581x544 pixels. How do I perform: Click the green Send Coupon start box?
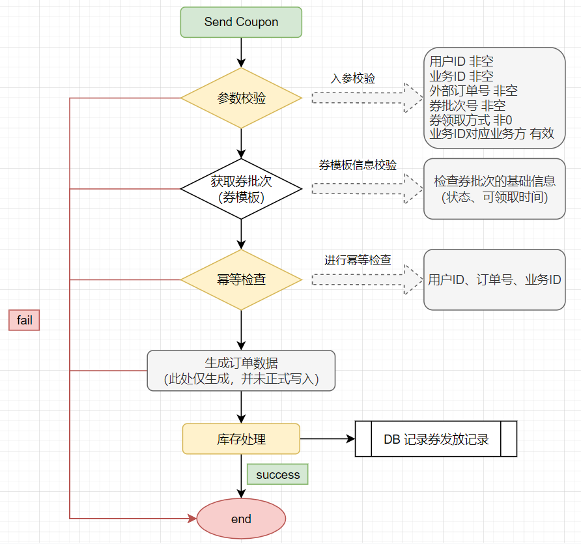pos(241,22)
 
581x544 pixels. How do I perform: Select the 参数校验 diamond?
pos(241,98)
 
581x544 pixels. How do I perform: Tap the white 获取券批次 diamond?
pos(241,189)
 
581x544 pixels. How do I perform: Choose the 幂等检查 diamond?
pos(241,279)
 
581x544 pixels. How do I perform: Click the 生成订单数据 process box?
pos(241,371)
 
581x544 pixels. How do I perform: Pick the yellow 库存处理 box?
pos(241,438)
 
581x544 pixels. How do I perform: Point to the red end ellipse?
pos(241,519)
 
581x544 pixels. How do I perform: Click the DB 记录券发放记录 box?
pos(436,438)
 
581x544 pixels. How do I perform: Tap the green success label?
pos(277,475)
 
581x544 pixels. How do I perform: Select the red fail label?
pos(25,320)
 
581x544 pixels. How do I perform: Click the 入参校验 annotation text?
pos(353,78)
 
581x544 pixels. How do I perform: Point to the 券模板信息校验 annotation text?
pos(358,165)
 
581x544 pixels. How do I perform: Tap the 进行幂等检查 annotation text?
pos(358,260)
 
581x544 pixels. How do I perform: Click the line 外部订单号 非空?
pos(474,91)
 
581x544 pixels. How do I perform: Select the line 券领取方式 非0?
pos(471,120)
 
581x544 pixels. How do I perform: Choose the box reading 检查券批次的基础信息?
pos(494,189)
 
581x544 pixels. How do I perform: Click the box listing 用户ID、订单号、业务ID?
pos(494,280)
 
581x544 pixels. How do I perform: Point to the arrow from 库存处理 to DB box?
pos(327,438)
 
